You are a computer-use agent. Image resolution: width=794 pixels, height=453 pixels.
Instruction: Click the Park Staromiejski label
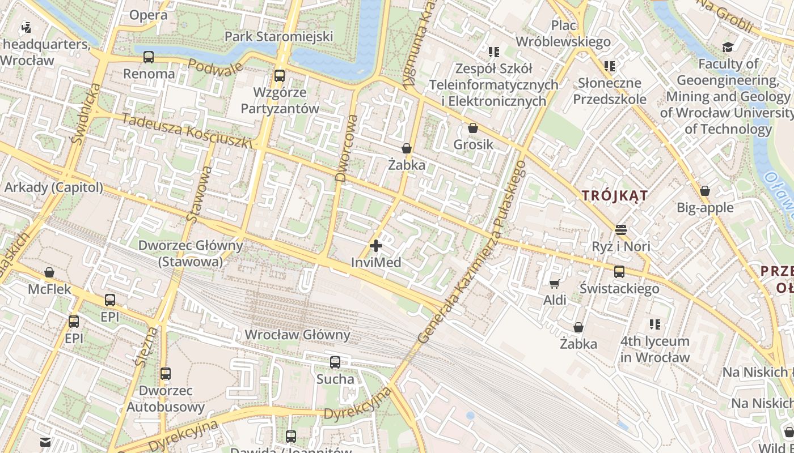coord(278,37)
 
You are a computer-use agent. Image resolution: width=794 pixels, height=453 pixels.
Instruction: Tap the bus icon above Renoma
coord(149,57)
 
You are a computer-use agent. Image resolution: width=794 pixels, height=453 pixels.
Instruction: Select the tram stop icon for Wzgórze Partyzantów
coord(280,76)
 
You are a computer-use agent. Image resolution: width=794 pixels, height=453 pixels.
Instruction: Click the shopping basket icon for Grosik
coord(473,129)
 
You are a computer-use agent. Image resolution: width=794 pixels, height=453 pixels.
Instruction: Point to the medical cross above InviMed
coord(375,246)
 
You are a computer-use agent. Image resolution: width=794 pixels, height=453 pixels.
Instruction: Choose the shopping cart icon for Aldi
coord(554,283)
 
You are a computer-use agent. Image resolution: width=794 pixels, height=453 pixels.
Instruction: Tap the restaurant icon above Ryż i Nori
coord(621,230)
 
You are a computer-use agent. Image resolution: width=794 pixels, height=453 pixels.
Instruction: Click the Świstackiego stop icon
coord(619,272)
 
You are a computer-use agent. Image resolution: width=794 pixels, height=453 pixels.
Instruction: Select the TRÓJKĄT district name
coord(615,196)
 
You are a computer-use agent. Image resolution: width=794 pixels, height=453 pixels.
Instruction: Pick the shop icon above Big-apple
coord(705,191)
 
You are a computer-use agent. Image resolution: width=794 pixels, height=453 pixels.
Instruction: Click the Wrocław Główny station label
coord(297,335)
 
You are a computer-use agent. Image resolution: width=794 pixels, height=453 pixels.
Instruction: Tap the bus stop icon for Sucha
coord(335,362)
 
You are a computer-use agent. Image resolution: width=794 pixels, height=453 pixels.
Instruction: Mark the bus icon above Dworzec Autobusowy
coord(166,374)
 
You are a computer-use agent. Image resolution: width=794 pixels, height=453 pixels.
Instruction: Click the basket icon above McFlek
coord(49,272)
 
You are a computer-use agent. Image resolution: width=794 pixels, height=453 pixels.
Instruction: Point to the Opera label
coord(148,15)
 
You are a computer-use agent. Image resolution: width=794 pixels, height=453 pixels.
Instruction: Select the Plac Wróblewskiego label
coord(563,33)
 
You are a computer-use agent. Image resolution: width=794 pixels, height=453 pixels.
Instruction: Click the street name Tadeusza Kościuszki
coord(187,131)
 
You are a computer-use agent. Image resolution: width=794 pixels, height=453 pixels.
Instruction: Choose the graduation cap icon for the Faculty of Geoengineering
coord(728,48)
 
